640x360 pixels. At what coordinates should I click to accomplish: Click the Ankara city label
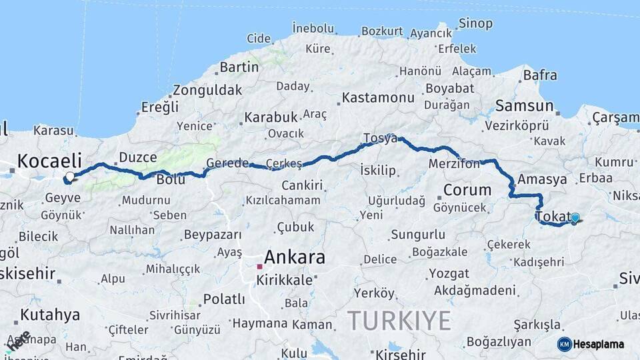click(x=295, y=257)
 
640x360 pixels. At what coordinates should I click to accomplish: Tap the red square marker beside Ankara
click(x=259, y=266)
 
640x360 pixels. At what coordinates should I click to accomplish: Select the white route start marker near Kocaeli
click(x=69, y=177)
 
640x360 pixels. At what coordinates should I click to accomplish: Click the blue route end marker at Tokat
click(x=575, y=217)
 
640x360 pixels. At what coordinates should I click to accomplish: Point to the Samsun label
click(x=524, y=106)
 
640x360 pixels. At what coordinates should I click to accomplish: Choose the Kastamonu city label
click(x=378, y=98)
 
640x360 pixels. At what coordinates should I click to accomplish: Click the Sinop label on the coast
click(x=475, y=24)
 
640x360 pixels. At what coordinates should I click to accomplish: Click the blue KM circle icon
click(x=564, y=344)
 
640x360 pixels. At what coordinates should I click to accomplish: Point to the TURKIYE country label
click(x=399, y=321)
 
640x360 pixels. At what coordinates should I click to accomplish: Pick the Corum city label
click(x=467, y=190)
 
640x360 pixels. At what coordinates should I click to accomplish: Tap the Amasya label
click(x=542, y=179)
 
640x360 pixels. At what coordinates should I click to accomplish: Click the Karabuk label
click(x=271, y=117)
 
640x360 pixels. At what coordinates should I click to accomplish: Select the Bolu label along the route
click(x=170, y=180)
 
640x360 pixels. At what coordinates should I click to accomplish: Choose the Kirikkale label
click(x=284, y=280)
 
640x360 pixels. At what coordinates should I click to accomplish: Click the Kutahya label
click(x=50, y=315)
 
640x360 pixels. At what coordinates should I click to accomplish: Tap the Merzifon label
click(x=454, y=164)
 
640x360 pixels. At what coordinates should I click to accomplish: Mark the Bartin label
click(x=239, y=67)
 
